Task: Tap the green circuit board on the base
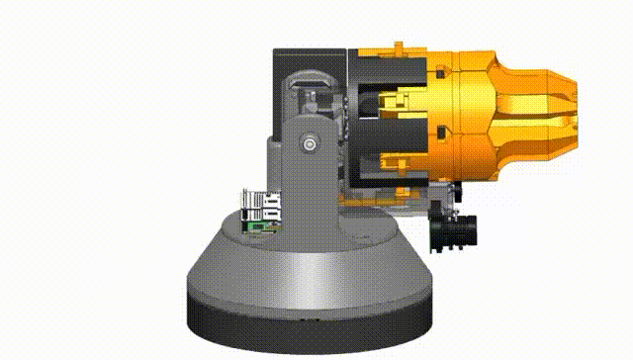coord(258,225)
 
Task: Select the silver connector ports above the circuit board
coord(260,204)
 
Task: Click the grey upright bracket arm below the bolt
coord(313,198)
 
